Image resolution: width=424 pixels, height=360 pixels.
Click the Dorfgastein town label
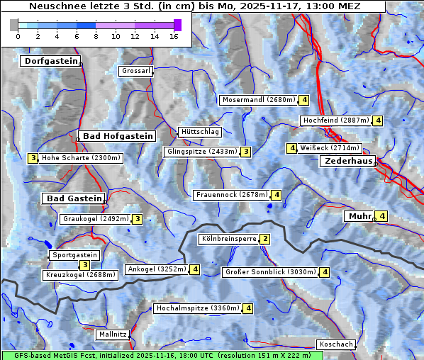(x=50, y=62)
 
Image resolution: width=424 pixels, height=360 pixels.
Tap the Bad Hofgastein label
(x=117, y=136)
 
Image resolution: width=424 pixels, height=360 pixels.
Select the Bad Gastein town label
(x=74, y=198)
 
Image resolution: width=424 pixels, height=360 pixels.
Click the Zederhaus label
(x=348, y=162)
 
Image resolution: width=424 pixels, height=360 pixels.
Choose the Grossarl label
(x=135, y=71)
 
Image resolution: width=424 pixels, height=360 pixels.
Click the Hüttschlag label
(x=200, y=132)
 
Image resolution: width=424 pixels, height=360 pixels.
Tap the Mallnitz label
(x=113, y=334)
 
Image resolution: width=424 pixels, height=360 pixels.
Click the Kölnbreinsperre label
(x=228, y=240)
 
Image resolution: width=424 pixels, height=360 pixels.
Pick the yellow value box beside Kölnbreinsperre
(x=265, y=240)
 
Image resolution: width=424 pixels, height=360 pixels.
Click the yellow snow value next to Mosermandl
(x=304, y=100)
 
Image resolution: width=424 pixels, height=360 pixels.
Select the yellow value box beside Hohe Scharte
(x=33, y=158)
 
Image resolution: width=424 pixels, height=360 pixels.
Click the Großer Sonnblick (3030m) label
(x=269, y=272)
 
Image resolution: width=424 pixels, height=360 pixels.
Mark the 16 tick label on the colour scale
(x=174, y=37)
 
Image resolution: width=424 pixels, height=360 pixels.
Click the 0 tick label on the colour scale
(x=18, y=37)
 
